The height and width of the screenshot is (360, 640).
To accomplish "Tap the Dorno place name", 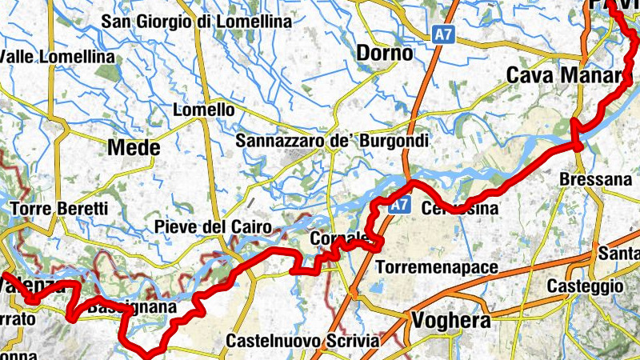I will [385, 54].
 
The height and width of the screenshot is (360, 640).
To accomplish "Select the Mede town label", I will [134, 148].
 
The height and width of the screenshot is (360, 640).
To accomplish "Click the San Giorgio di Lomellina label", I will [196, 22].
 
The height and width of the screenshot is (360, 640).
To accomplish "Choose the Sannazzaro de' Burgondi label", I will [333, 141].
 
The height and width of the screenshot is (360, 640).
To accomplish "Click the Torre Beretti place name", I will [59, 209].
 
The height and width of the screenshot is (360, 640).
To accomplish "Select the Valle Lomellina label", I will [58, 58].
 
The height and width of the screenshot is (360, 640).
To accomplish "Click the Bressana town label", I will [596, 179].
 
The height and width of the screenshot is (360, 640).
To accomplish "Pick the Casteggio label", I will [585, 286].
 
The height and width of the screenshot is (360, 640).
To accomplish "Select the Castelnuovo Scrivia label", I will [302, 341].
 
